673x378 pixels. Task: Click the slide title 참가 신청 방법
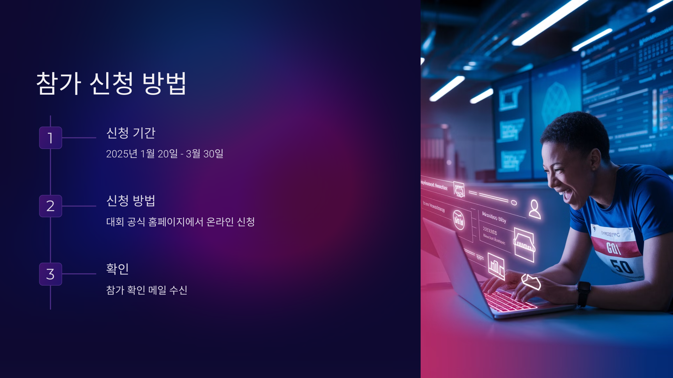111,83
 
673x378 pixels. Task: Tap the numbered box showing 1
50,138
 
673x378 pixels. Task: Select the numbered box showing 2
50,206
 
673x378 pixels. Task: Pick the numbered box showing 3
50,274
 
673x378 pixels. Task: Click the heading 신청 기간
131,133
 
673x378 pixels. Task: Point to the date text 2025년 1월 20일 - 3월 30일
165,154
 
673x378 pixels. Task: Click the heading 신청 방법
131,201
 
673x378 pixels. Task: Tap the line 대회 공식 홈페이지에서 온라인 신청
180,222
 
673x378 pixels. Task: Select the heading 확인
117,269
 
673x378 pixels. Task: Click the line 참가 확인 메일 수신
147,290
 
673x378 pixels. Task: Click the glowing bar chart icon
496,266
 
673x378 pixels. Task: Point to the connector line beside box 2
79,206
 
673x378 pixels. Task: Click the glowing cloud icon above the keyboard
531,281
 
